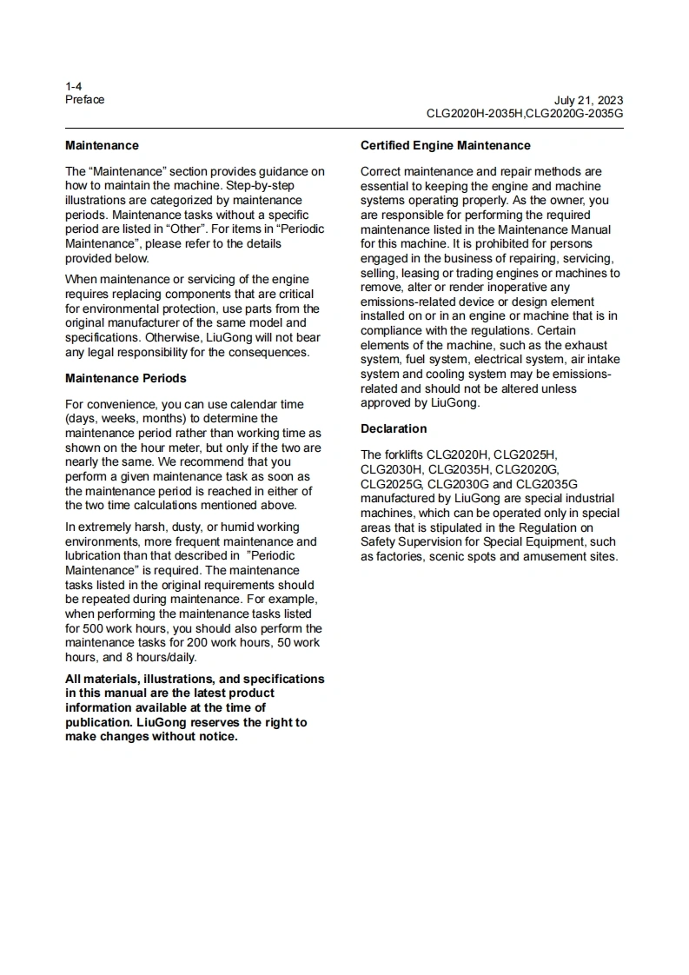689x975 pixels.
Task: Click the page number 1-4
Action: point(73,86)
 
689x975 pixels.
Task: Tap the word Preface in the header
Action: point(84,99)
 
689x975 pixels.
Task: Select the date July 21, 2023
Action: point(588,100)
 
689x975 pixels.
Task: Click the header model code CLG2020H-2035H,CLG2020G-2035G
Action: point(524,113)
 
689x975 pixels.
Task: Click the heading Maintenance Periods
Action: point(125,378)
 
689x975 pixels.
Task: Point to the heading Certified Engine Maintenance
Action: point(445,145)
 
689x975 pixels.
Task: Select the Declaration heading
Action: point(394,428)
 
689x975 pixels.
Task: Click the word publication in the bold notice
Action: point(97,722)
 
